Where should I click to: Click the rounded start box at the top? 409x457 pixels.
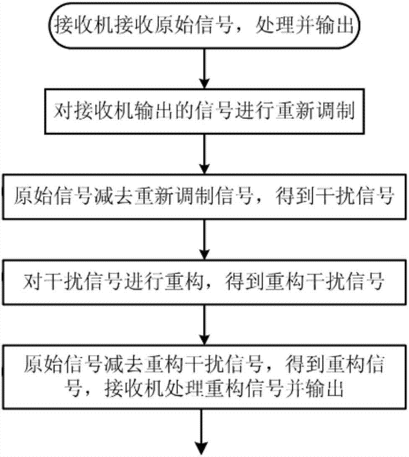[204, 25]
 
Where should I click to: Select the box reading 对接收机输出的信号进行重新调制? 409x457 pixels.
[204, 111]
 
